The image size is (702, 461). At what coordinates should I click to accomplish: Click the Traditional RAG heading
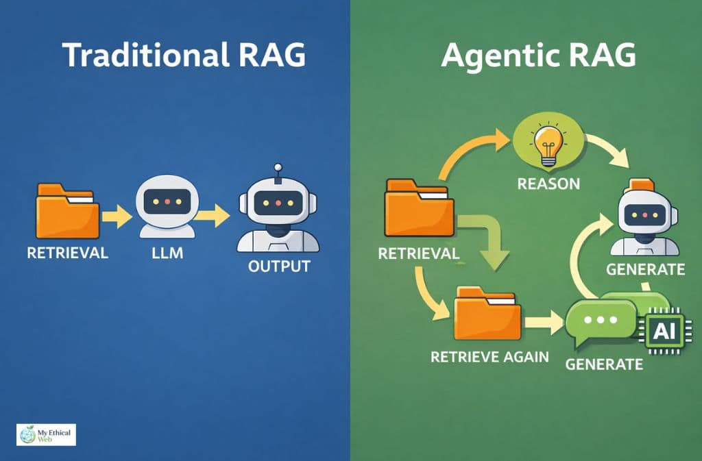(183, 55)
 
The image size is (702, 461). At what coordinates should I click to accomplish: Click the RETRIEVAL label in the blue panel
(67, 253)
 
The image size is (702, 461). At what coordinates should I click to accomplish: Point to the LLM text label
(168, 253)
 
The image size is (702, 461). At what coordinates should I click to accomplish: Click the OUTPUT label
(278, 266)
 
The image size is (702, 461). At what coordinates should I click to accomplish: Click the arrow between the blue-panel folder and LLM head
(117, 218)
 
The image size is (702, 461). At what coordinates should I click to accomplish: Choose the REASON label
(548, 184)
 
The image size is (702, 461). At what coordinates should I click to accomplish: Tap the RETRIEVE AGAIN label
(489, 357)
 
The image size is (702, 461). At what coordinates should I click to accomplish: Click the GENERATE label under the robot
(645, 269)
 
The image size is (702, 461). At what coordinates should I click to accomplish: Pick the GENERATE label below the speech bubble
(604, 363)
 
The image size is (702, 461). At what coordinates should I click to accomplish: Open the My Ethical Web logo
(46, 434)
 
